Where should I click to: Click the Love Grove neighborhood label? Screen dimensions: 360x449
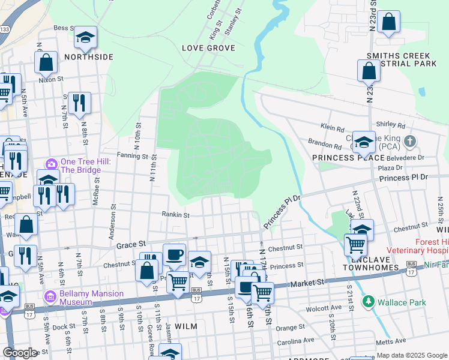208,47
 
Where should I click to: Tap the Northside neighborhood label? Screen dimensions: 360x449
88,57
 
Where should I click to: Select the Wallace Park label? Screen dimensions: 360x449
401,301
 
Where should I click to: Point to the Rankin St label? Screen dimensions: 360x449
175,214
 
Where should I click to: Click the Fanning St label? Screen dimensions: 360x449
132,156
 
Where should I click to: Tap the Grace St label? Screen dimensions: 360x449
131,245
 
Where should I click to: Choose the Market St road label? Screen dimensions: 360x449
308,282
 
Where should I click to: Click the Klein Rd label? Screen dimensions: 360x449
332,128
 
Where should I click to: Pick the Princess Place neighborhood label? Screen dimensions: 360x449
348,157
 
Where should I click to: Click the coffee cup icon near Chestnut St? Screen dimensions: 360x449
174,254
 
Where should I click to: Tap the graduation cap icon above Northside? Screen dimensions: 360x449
85,37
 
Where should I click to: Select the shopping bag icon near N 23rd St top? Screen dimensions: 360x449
389,22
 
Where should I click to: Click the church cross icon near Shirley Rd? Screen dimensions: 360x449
409,142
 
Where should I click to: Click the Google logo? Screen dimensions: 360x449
20,353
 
